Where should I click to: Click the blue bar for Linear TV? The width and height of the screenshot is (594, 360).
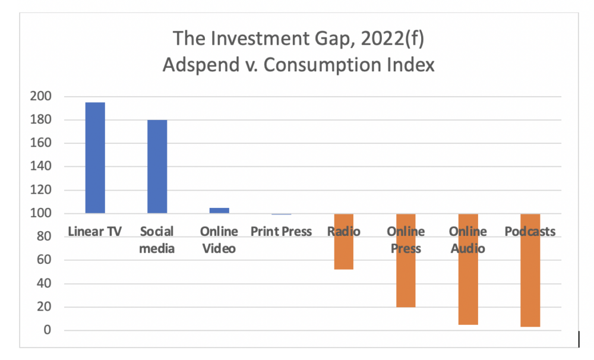pyautogui.click(x=95, y=158)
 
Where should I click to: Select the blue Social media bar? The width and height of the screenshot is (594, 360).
pyautogui.click(x=157, y=166)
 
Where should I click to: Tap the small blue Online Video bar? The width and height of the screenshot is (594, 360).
pyautogui.click(x=219, y=210)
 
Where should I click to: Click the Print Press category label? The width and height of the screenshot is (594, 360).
pyautogui.click(x=281, y=232)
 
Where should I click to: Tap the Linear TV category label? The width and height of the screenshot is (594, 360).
pyautogui.click(x=95, y=232)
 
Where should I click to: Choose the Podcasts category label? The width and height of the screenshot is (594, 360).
pyautogui.click(x=530, y=232)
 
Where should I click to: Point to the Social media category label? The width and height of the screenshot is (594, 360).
pyautogui.click(x=157, y=239)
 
